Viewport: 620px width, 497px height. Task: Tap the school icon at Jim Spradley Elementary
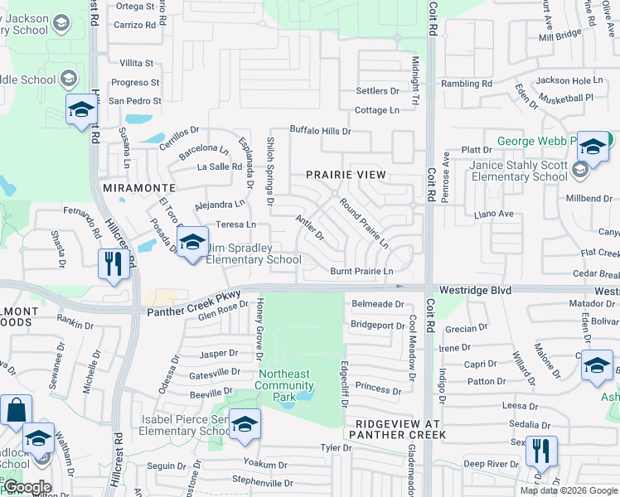click(192, 243)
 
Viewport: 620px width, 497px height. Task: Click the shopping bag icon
click(16, 410)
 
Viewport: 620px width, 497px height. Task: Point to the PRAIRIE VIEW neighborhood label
click(346, 175)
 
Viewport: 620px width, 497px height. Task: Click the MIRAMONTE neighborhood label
click(139, 189)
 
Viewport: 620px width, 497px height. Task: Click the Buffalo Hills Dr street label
click(320, 131)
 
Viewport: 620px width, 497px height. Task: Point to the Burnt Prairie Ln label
click(361, 271)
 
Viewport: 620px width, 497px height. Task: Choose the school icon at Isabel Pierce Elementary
click(245, 424)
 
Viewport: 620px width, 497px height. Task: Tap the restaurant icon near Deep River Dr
click(540, 451)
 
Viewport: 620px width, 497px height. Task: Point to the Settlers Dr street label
click(377, 91)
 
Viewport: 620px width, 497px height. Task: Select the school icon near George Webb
click(593, 147)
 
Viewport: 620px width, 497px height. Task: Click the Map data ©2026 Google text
click(568, 490)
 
